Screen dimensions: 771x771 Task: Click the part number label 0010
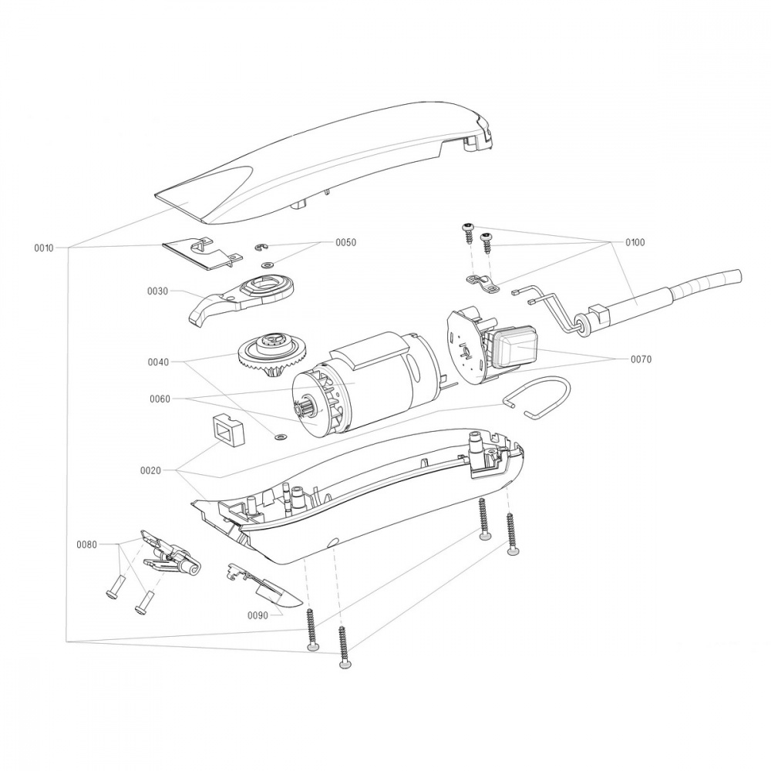44,248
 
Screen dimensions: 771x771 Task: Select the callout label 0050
345,242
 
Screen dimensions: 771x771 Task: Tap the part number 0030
158,291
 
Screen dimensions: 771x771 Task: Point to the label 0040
158,362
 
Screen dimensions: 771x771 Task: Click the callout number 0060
161,399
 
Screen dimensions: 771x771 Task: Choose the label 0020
151,470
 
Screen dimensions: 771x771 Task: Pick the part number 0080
87,544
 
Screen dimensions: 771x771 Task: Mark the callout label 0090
258,615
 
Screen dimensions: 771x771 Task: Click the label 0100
635,242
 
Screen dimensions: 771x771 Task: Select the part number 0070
641,359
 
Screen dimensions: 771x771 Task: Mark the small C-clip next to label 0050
261,247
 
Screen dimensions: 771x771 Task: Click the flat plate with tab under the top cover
200,252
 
